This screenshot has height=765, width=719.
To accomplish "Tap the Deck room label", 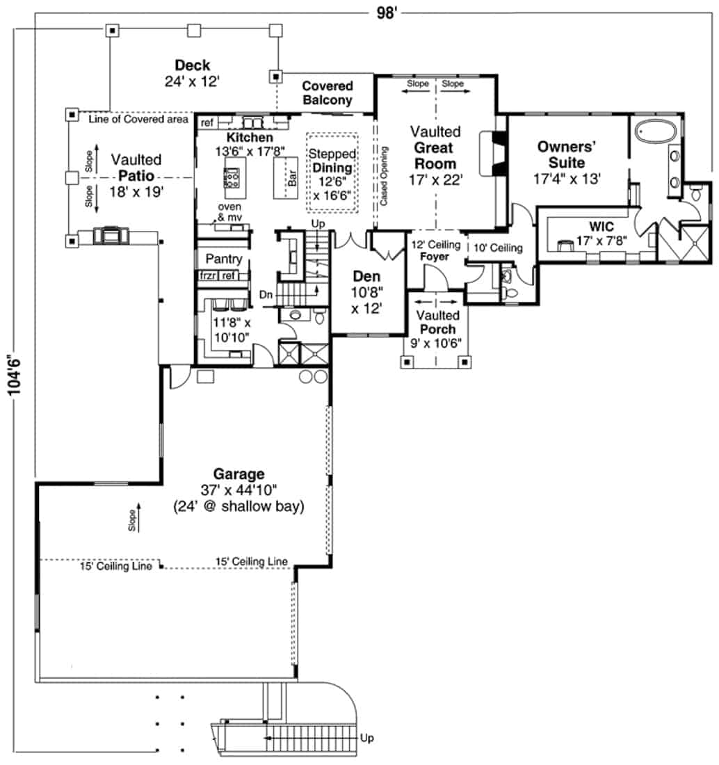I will (x=188, y=65).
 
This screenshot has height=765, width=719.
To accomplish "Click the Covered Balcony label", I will (x=327, y=93).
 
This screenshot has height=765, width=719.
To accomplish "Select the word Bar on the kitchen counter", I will (x=293, y=178).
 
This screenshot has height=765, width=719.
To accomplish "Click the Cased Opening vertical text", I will (x=383, y=177).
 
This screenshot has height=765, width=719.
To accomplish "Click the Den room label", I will (x=366, y=275).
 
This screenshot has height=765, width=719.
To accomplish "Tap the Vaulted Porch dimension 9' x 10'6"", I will (x=437, y=343).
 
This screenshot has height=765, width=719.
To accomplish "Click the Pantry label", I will (x=223, y=259).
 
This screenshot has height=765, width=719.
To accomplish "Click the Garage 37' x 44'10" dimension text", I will (x=239, y=491).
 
